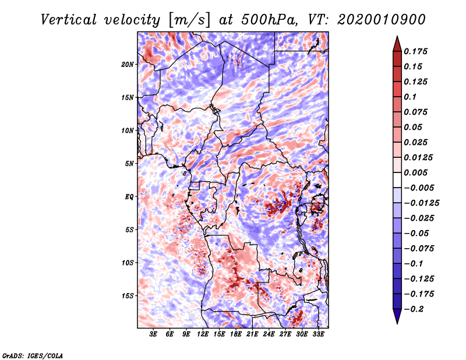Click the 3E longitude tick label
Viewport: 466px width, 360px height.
(x=154, y=334)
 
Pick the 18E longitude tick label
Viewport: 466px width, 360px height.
(x=236, y=334)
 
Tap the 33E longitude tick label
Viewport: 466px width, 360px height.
(x=318, y=334)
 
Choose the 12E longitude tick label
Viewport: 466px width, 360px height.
(x=203, y=334)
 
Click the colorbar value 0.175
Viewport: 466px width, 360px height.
(x=418, y=51)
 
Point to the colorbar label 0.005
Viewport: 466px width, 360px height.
(x=418, y=172)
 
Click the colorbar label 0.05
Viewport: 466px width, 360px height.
(x=415, y=127)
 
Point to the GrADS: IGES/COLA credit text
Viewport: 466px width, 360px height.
(x=33, y=355)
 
